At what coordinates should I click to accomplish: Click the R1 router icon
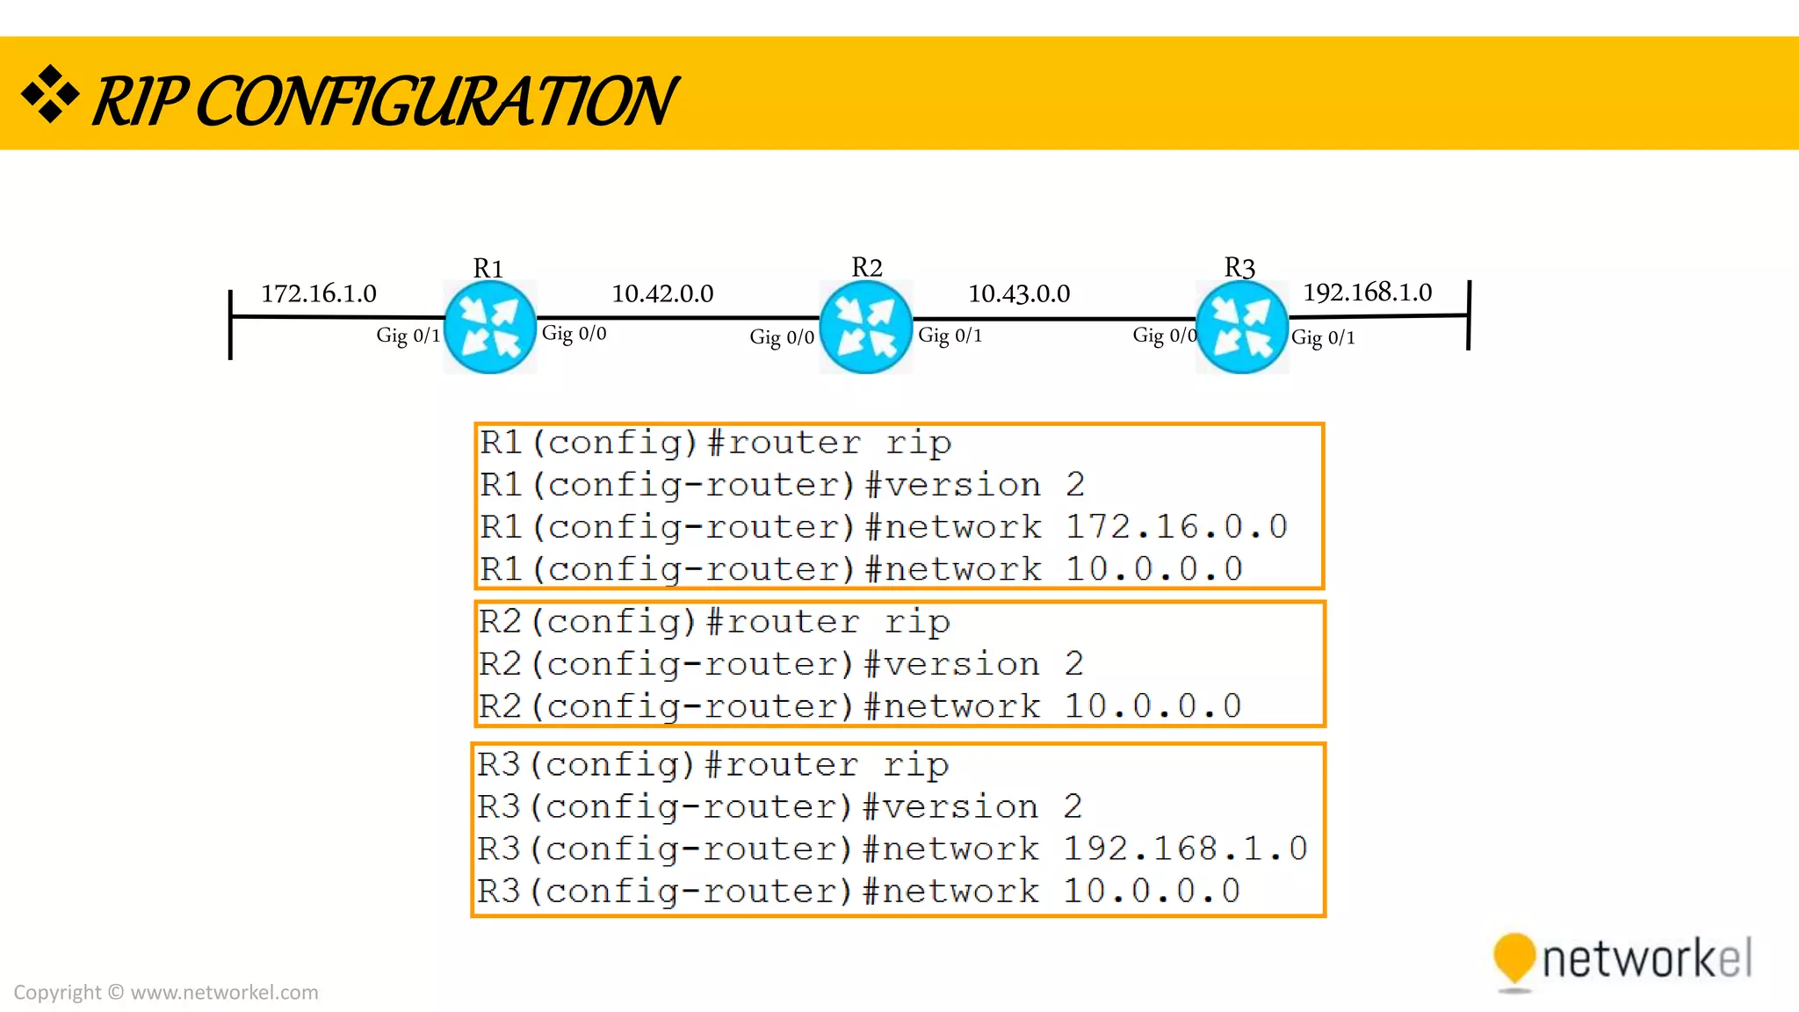point(490,327)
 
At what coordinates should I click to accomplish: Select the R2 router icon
point(865,327)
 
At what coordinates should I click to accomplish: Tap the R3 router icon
point(1241,327)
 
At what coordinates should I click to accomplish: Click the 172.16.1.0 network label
point(319,293)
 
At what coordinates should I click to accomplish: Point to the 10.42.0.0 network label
point(662,293)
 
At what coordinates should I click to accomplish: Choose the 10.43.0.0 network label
point(1019,293)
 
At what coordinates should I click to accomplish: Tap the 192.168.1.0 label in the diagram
point(1367,292)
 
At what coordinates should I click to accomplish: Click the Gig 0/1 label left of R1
point(408,336)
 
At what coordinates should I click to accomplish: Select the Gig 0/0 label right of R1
point(574,333)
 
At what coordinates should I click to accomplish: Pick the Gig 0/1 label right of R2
point(950,336)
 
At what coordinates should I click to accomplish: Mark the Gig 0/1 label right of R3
point(1323,337)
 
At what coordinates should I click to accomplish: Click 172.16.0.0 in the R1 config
point(1176,527)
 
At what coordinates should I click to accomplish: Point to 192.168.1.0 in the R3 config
point(1185,849)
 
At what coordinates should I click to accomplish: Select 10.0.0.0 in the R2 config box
point(1152,706)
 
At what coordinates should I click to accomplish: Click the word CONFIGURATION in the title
point(435,101)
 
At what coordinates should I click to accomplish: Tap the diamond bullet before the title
point(50,93)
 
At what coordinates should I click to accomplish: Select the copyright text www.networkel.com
point(224,993)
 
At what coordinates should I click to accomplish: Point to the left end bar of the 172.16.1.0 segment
point(230,324)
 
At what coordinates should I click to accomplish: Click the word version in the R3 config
point(960,806)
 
